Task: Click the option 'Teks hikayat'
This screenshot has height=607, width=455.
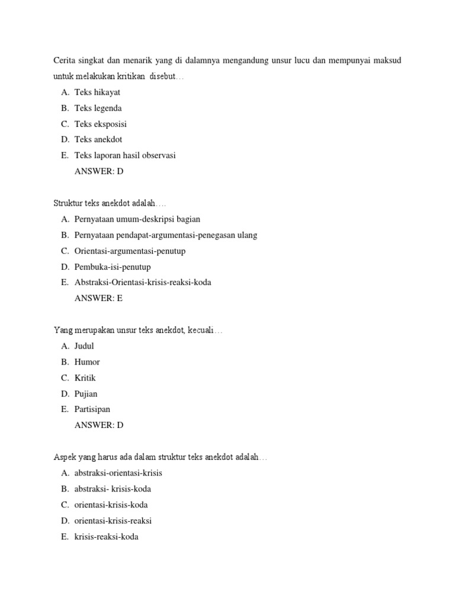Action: click(x=97, y=92)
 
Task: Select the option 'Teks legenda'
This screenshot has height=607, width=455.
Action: click(x=98, y=108)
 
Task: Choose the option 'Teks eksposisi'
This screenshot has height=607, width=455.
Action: click(x=100, y=124)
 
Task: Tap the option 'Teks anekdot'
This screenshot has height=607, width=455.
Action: click(x=98, y=140)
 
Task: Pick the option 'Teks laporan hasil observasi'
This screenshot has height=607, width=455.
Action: click(x=125, y=156)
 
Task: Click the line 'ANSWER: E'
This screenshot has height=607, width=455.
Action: click(x=98, y=298)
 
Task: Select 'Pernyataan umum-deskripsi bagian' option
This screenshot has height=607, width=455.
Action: click(x=137, y=219)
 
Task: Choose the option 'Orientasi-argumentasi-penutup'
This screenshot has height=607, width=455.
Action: click(x=130, y=251)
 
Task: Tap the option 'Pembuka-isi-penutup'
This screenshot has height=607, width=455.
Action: click(x=113, y=267)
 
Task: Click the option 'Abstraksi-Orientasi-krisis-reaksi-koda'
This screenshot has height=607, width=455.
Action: click(x=143, y=283)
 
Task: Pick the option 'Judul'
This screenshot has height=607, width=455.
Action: click(x=84, y=346)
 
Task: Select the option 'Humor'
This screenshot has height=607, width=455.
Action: click(x=87, y=362)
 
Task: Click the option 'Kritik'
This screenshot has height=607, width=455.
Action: click(x=85, y=378)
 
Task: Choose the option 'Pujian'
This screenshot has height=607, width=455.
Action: click(x=86, y=394)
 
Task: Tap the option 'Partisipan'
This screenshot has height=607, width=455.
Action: click(x=92, y=410)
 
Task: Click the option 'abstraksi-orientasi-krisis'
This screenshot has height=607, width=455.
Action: click(x=118, y=473)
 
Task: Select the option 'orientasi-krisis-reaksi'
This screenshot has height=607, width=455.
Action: click(x=113, y=521)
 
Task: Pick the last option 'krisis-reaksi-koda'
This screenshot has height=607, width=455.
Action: click(x=107, y=537)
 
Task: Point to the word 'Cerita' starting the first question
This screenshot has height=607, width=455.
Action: click(x=65, y=61)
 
